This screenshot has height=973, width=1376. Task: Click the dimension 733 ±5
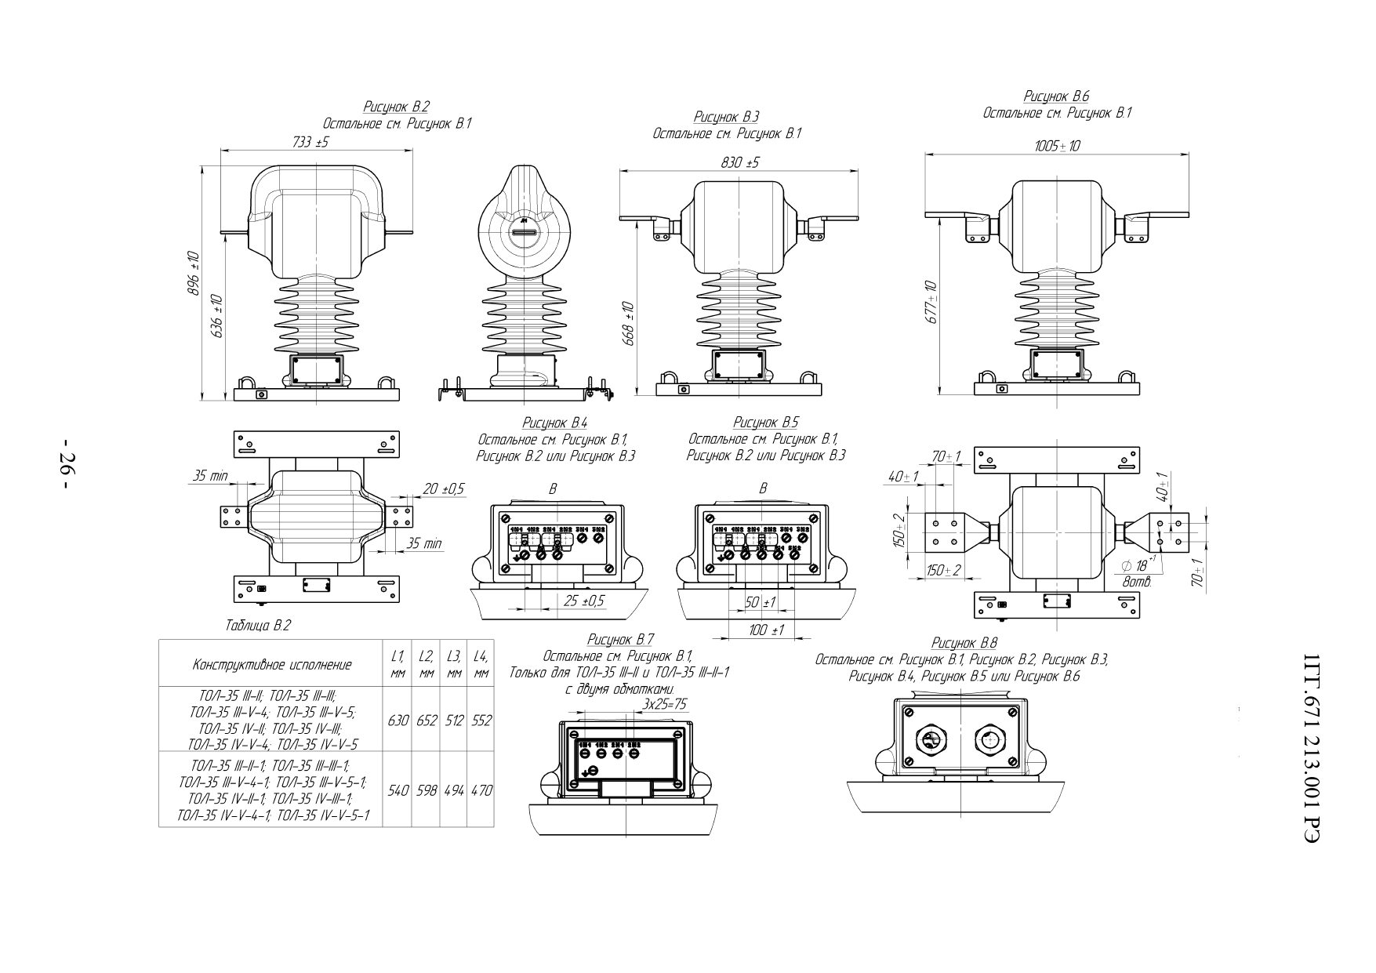point(310,142)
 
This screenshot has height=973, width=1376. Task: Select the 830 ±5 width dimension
point(739,162)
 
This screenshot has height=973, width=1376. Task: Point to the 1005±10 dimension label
point(1057,146)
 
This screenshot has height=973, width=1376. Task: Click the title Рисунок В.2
point(397,107)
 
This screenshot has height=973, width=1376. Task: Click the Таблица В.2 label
point(258,626)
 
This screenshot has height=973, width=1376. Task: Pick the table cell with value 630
point(399,720)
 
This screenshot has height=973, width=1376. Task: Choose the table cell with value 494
point(453,790)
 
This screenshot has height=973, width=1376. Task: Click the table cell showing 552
point(481,720)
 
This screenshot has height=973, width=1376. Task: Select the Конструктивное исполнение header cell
point(271,665)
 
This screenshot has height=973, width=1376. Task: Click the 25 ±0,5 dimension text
point(584,601)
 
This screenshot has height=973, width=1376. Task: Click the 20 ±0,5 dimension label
point(443,488)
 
